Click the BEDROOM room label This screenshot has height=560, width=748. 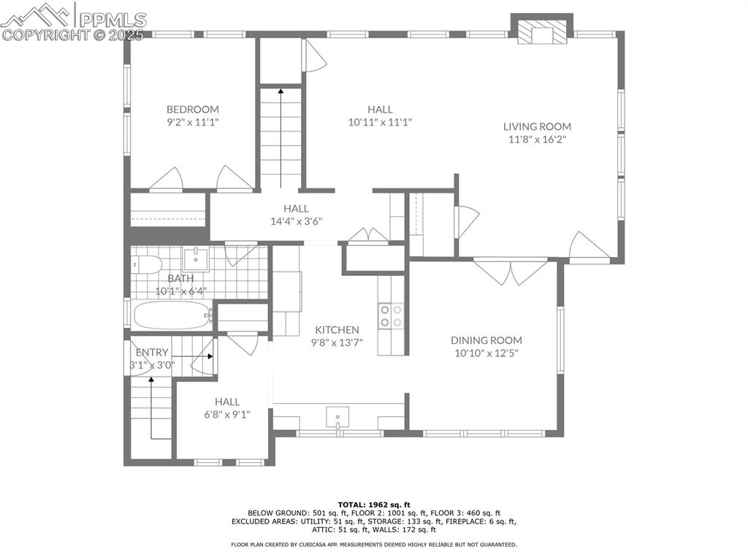tap(192, 110)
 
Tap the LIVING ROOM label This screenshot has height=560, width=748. tap(537, 126)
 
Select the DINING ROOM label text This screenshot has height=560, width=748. tap(486, 340)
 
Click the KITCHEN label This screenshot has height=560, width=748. tap(337, 330)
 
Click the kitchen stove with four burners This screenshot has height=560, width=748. tap(392, 315)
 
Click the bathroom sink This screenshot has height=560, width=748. tap(195, 258)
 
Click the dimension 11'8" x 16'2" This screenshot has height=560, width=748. tap(537, 139)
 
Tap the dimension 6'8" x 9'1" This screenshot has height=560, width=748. tap(227, 414)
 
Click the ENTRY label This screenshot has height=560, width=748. tap(152, 352)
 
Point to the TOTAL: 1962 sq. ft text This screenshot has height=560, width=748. tap(374, 505)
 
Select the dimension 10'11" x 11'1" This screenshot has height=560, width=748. tap(380, 122)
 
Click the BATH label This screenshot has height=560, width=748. tap(180, 278)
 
